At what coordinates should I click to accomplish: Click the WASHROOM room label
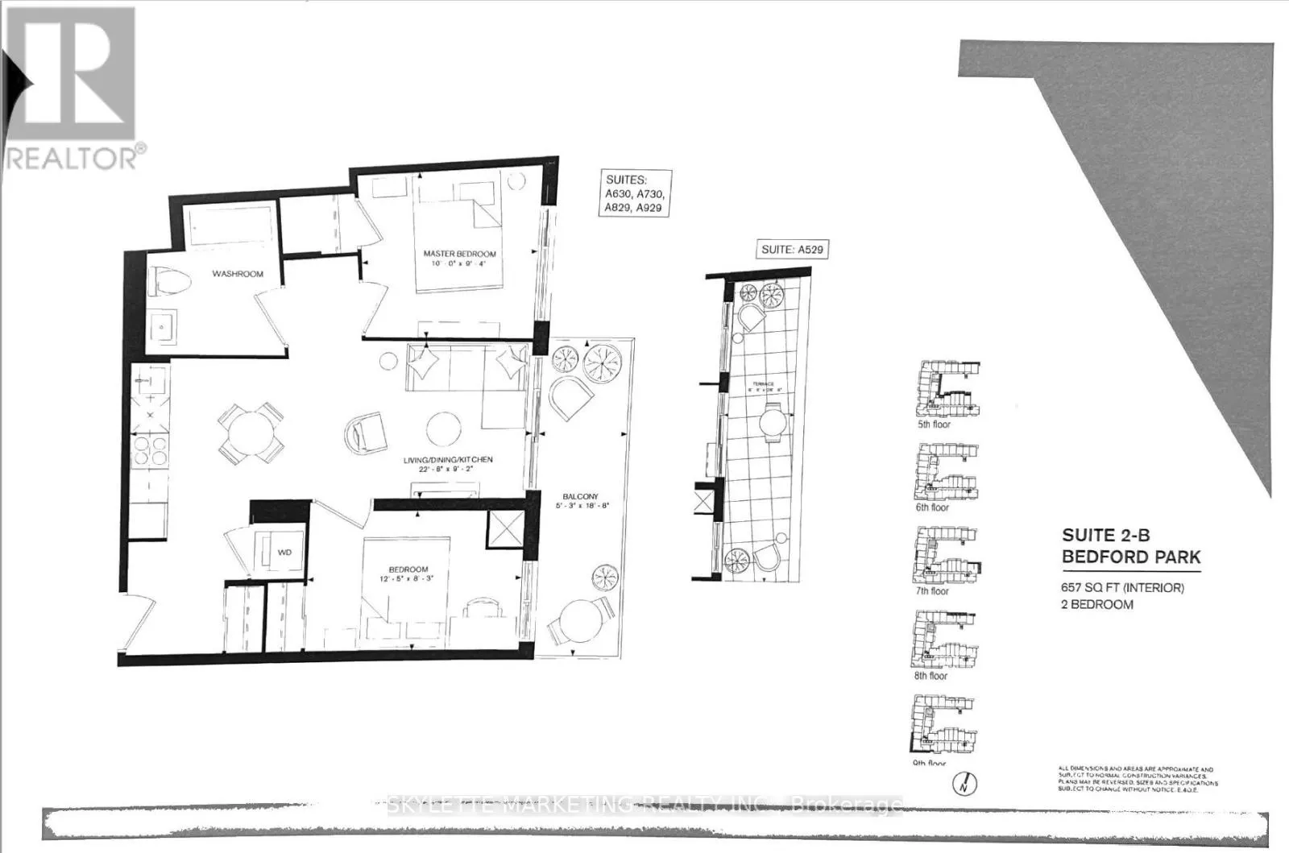coord(238,274)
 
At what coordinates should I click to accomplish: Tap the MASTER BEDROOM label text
coord(460,254)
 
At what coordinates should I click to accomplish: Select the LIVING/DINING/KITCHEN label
coord(448,460)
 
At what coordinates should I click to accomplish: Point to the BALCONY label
coord(580,497)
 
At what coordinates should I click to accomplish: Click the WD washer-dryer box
coord(284,552)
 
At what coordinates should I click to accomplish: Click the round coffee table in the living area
coord(444,429)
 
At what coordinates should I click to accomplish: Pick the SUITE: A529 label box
coord(792,250)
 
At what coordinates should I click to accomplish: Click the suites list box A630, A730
coord(636,193)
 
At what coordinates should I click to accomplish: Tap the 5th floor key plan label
coord(934,424)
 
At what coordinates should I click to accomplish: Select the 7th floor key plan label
coord(933,591)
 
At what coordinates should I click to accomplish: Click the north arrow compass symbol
coord(963,782)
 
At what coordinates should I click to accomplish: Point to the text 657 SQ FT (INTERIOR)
coord(1122,588)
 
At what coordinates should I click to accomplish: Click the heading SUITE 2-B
coord(1105,536)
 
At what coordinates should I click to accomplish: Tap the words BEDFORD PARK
coord(1130,557)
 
